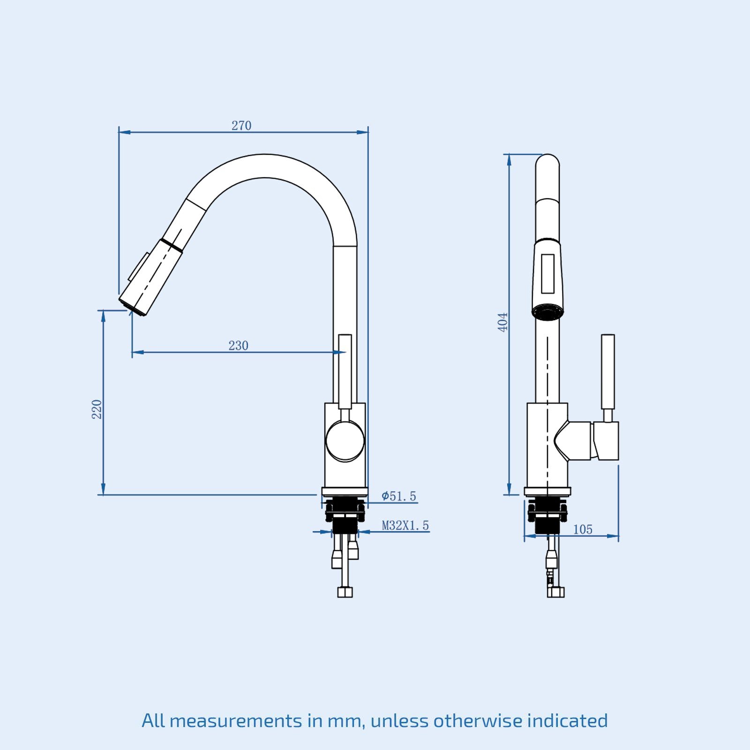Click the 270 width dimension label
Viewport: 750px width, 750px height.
click(241, 126)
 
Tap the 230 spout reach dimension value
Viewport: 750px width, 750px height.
click(238, 345)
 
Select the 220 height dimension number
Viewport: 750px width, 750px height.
click(97, 409)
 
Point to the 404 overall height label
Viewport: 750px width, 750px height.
click(502, 322)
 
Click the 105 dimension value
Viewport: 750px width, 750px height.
click(583, 529)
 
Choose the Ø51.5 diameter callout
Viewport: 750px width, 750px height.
click(398, 496)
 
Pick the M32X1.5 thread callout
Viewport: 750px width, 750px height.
click(405, 525)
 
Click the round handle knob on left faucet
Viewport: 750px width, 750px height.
click(345, 441)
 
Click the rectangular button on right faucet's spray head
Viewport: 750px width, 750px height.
click(547, 274)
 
